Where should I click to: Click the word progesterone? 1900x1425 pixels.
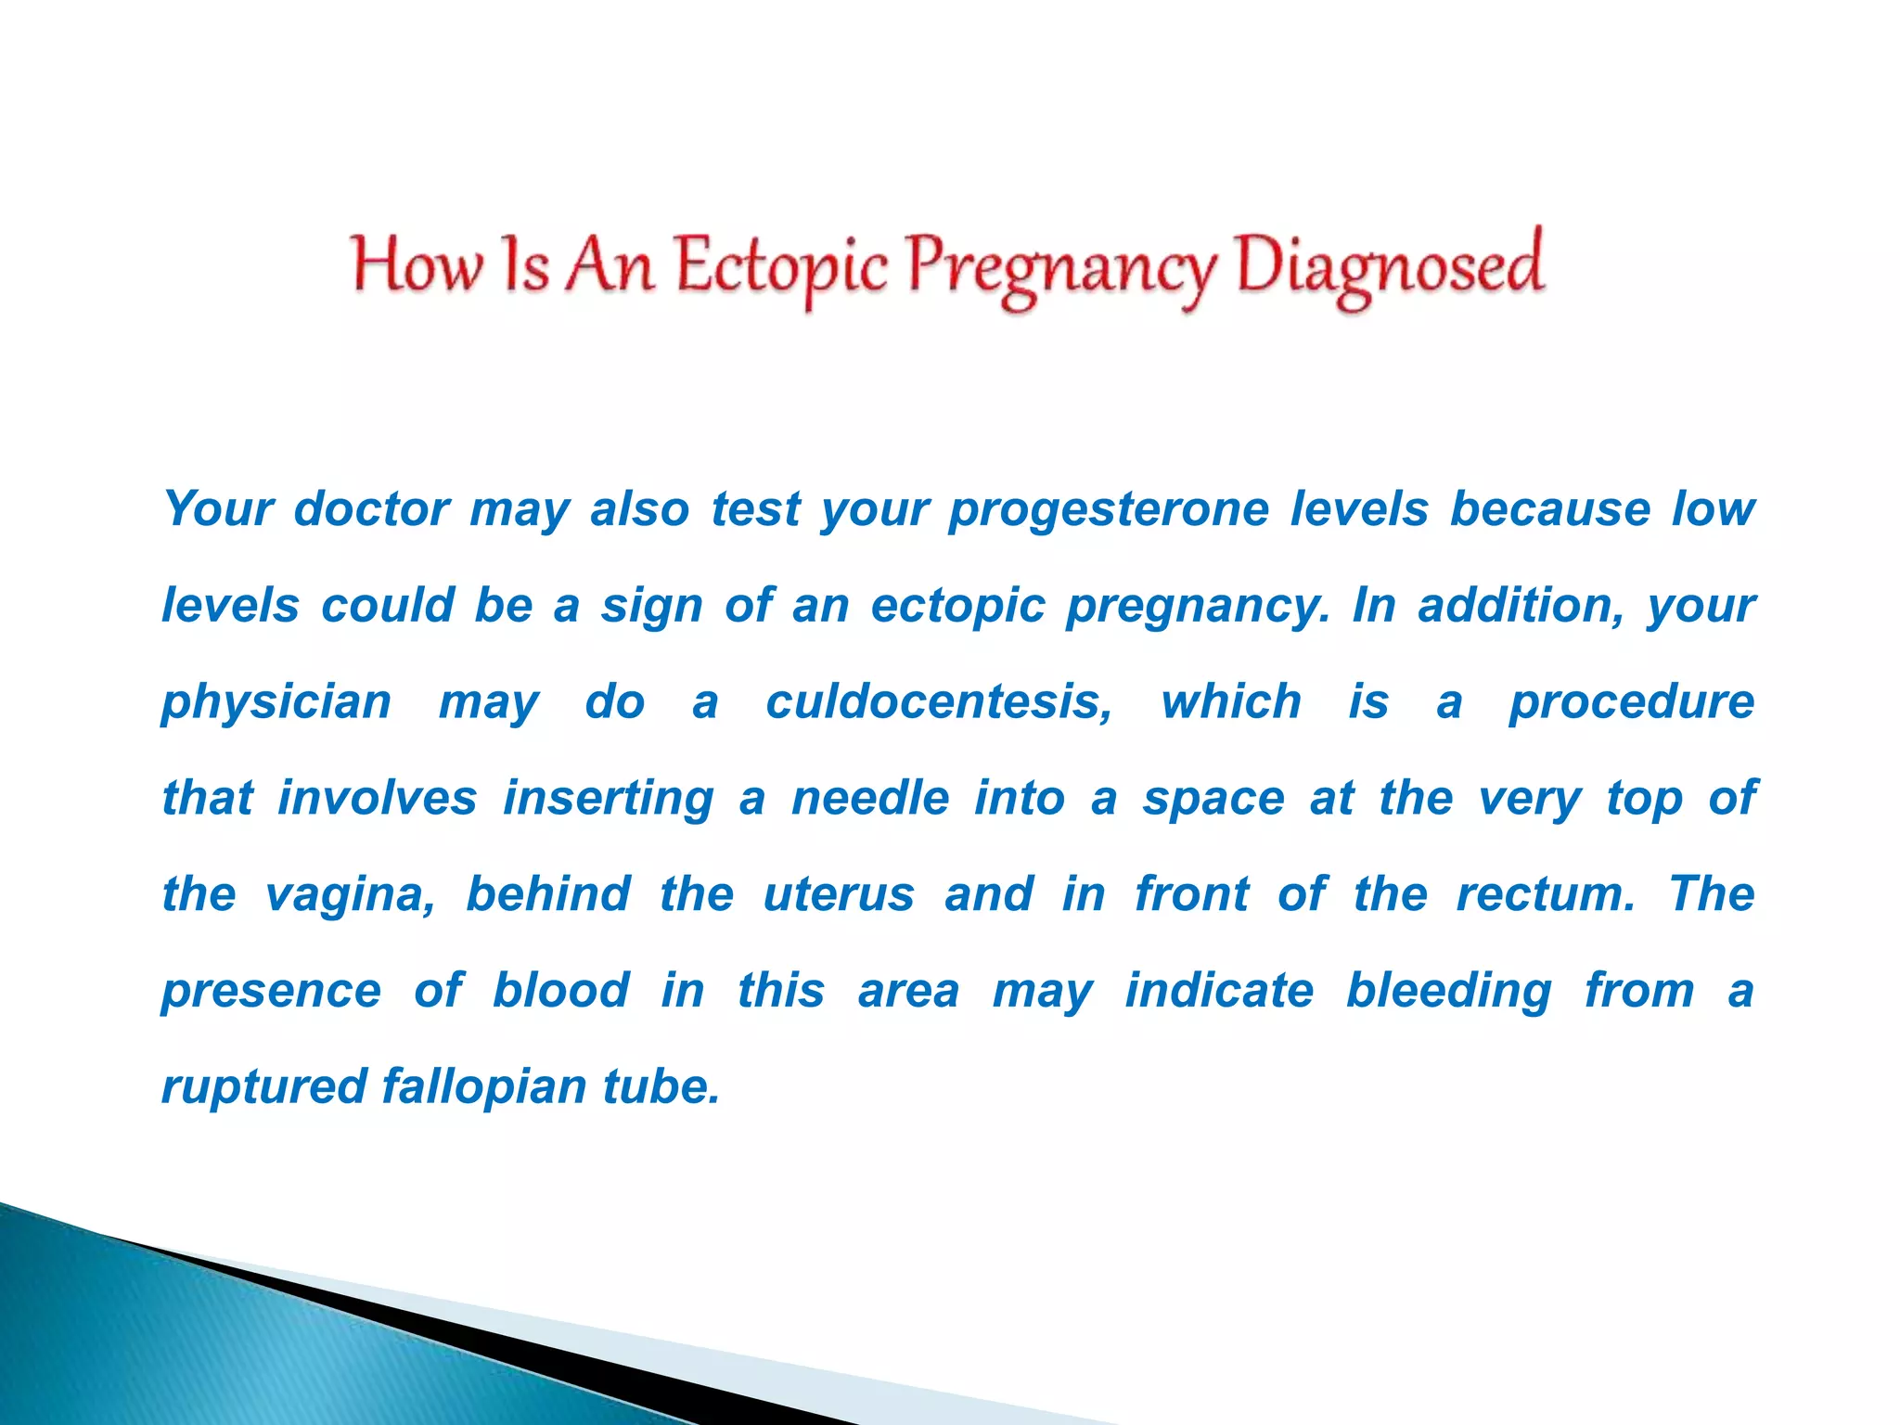[1109, 510]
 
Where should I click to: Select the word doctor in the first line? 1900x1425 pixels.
[372, 508]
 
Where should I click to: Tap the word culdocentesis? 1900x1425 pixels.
[939, 701]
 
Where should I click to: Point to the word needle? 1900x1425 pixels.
[870, 798]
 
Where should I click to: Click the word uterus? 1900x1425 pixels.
[839, 894]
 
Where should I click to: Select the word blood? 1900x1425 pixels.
[561, 990]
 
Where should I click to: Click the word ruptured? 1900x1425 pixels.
[264, 1087]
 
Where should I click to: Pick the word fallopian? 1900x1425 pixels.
[483, 1087]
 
